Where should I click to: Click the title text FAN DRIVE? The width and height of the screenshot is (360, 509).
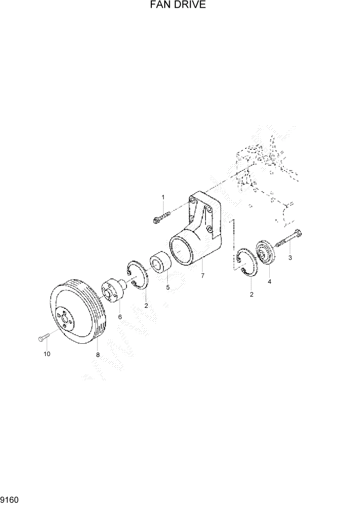point(179,6)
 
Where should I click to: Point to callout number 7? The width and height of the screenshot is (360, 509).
point(203,276)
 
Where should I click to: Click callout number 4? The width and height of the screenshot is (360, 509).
point(269,281)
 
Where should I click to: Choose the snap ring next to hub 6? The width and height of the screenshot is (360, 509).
point(137,277)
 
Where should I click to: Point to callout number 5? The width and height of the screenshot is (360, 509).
point(167,287)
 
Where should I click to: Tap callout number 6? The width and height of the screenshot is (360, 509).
point(120,317)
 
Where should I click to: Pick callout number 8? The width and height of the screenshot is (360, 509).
point(97,354)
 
